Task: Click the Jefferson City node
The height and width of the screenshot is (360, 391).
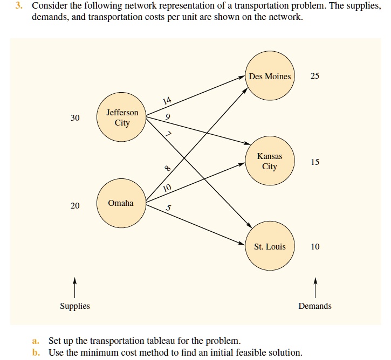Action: (122, 117)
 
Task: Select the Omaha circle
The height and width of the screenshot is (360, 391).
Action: (122, 203)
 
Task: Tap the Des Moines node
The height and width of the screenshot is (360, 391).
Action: (270, 77)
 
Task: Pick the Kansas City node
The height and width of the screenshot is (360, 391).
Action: (270, 161)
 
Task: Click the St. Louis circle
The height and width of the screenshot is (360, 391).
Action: (270, 247)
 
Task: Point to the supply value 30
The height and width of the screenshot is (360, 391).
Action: (75, 118)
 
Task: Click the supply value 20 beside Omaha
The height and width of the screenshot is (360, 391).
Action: (75, 206)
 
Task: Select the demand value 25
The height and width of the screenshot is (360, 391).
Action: (315, 76)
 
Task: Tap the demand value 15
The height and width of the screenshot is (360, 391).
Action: (315, 162)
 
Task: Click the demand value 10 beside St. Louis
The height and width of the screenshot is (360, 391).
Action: (315, 247)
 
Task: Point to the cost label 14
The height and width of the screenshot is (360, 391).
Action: (167, 101)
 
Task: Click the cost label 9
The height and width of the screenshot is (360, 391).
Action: (168, 117)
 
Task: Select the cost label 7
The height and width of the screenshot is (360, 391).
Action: (168, 135)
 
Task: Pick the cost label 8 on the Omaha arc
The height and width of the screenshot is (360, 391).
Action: (167, 169)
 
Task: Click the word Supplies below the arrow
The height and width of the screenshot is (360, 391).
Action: (75, 306)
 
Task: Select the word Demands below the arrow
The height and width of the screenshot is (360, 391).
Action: (315, 306)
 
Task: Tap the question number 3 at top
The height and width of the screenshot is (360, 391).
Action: (18, 6)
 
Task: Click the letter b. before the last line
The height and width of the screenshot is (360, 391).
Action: (36, 352)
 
